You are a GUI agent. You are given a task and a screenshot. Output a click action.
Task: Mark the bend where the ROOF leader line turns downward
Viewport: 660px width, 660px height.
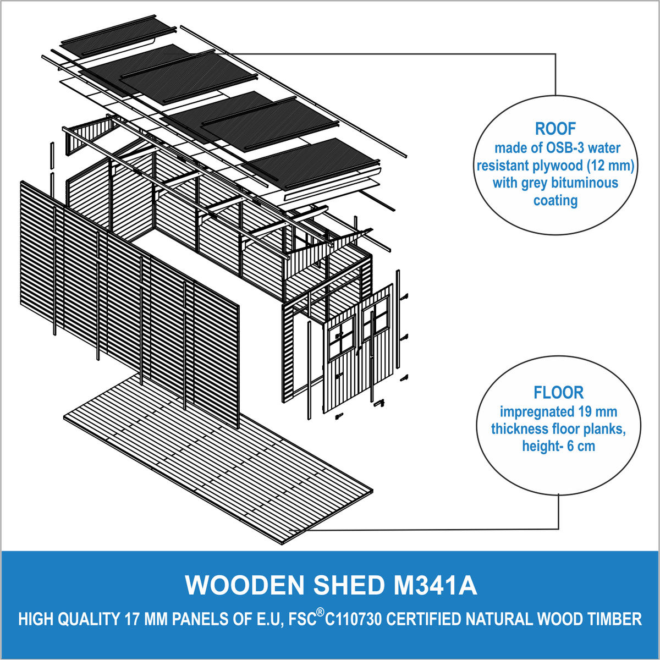tap(555, 54)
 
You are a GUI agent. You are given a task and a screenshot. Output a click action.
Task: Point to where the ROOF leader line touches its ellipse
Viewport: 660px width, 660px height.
tap(555, 95)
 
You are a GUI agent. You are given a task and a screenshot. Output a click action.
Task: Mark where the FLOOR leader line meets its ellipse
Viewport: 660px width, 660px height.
tap(559, 494)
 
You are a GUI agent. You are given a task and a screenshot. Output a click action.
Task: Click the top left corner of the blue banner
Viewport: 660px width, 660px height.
tap(2, 551)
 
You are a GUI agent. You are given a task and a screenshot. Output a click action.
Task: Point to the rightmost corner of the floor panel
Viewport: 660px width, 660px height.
tap(373, 492)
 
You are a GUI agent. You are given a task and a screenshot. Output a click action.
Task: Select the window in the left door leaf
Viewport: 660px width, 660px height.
tap(342, 337)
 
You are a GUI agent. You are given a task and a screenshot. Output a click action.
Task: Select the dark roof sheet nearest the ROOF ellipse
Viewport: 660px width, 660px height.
tap(311, 164)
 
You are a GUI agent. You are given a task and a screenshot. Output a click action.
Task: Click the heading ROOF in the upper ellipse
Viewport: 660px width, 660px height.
tap(555, 129)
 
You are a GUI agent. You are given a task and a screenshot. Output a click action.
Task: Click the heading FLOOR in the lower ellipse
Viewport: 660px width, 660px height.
tap(558, 393)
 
